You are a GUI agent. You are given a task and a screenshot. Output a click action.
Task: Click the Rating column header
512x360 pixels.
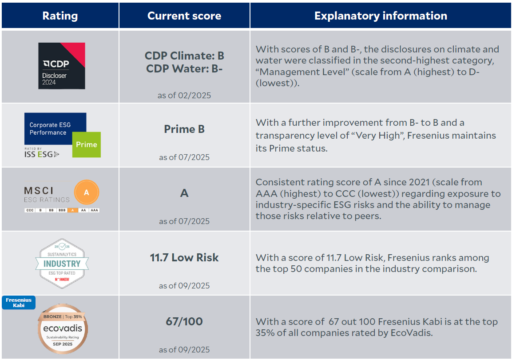pos(60,16)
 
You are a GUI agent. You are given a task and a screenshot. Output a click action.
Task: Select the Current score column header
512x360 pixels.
pos(184,16)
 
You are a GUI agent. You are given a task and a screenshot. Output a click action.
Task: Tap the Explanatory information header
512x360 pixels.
pos(381,16)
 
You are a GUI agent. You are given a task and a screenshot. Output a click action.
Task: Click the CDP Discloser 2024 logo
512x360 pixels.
pos(61,66)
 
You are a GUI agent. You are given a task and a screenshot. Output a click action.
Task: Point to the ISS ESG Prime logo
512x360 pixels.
pos(62,135)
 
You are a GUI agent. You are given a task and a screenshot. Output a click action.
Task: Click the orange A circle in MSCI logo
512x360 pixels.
pos(87,192)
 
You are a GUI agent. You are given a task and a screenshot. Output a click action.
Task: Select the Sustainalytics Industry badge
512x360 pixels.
pos(62,263)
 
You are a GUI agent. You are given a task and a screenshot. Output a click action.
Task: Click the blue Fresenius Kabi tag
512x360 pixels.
pos(19,303)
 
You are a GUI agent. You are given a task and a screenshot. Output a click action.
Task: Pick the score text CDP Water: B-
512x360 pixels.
pos(184,68)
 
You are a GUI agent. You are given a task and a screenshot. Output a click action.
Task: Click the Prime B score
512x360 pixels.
pos(184,129)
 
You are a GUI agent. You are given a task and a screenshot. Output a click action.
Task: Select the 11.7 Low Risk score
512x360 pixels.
pos(184,257)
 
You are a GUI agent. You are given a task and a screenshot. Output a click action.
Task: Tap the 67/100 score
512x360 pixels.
pos(184,321)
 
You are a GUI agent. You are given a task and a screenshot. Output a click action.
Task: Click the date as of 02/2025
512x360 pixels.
pos(184,96)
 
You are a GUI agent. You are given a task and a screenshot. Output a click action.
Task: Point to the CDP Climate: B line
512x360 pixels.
pos(184,56)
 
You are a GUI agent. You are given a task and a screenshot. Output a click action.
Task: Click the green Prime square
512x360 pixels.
pos(87,144)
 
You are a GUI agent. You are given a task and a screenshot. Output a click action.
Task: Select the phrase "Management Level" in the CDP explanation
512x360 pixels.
pos(302,72)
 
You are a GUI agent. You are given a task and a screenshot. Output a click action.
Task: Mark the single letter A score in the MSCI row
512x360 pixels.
pos(184,193)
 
